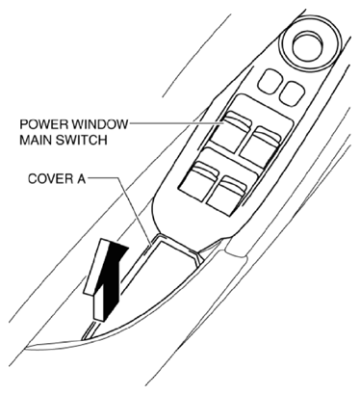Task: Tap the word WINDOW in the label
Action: click(99, 124)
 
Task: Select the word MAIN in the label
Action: click(35, 141)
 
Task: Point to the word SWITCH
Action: click(80, 141)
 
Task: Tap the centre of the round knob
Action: click(309, 45)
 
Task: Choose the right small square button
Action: click(292, 92)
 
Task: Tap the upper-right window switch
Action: click(261, 145)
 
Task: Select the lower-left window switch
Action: click(198, 181)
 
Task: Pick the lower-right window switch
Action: click(227, 196)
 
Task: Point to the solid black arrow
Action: click(113, 277)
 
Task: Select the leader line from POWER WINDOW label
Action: click(176, 123)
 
